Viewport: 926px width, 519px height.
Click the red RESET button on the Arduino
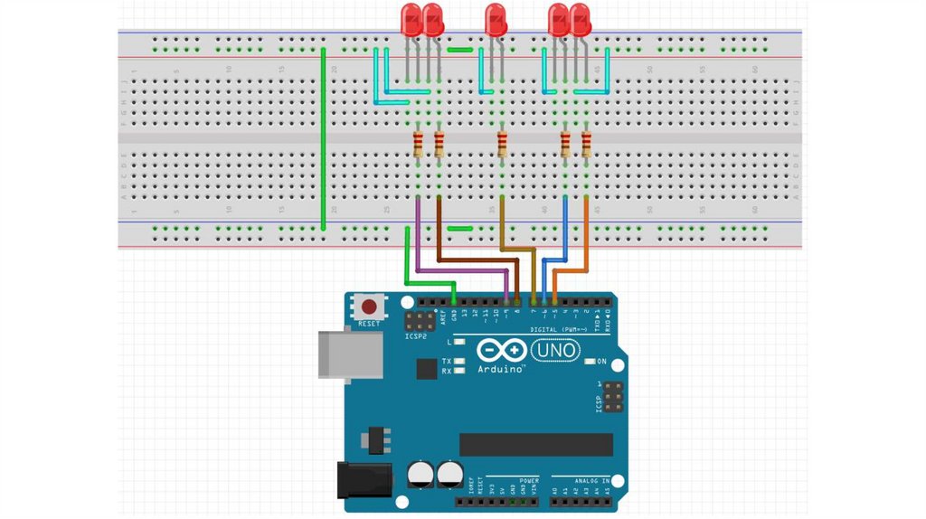369,306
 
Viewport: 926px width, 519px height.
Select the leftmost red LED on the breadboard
412,20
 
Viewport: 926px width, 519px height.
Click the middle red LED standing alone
495,20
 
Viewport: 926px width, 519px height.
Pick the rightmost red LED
580,20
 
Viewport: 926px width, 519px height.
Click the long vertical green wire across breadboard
323,136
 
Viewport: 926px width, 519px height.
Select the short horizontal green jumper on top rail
460,51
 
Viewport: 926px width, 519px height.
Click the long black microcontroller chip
535,444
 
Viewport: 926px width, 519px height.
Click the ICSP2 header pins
419,321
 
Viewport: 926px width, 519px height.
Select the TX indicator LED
460,361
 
